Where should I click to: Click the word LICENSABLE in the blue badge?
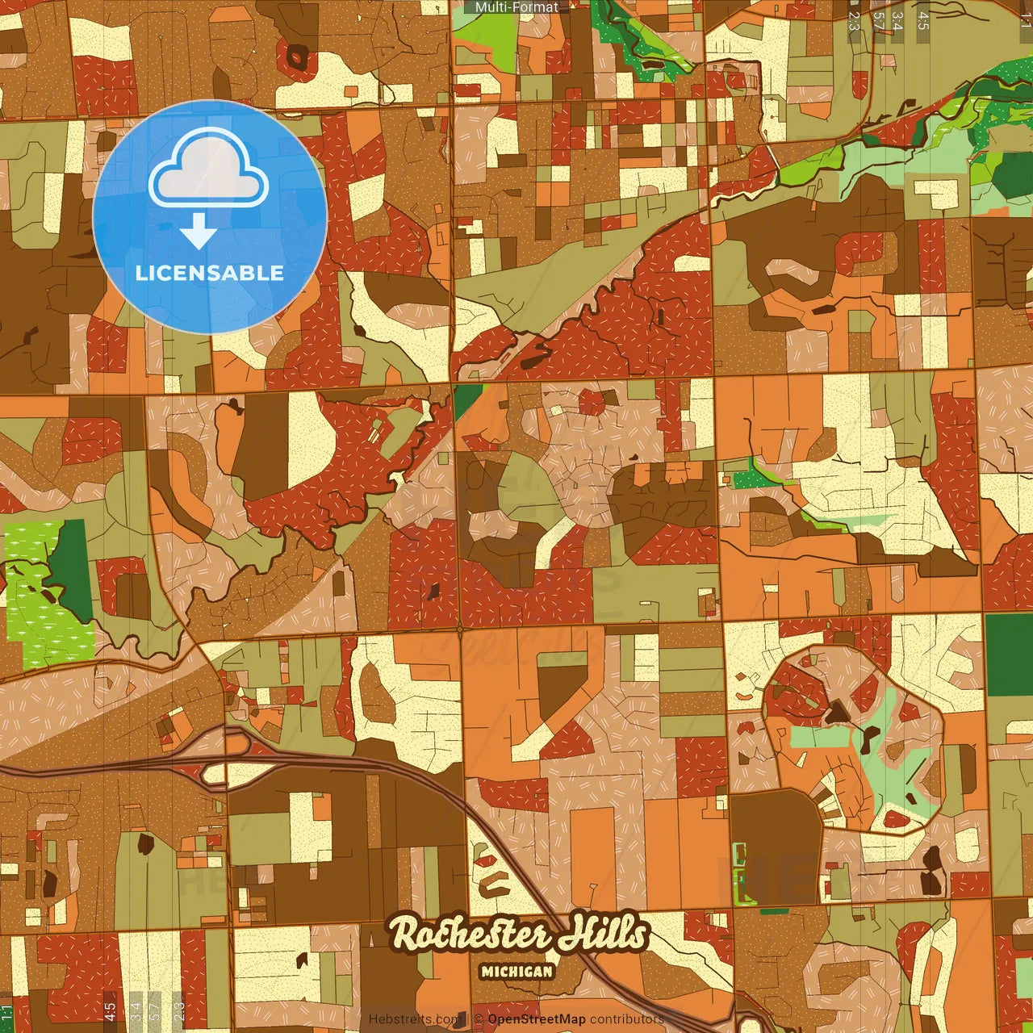(x=209, y=273)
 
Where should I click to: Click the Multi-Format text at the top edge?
(x=516, y=7)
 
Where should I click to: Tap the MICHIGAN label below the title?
(x=516, y=971)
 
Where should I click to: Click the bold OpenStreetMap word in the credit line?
(x=537, y=1019)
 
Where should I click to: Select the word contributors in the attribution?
(x=627, y=1019)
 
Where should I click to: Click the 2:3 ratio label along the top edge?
(x=855, y=21)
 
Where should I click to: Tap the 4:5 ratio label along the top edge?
(x=923, y=21)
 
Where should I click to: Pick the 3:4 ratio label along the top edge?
(x=897, y=21)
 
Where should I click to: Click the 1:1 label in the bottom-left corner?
(x=6, y=1014)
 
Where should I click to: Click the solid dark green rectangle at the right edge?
(x=1009, y=655)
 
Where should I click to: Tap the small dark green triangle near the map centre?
(x=463, y=399)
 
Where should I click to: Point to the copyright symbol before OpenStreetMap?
(x=479, y=1019)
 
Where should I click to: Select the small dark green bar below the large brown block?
(x=774, y=911)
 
